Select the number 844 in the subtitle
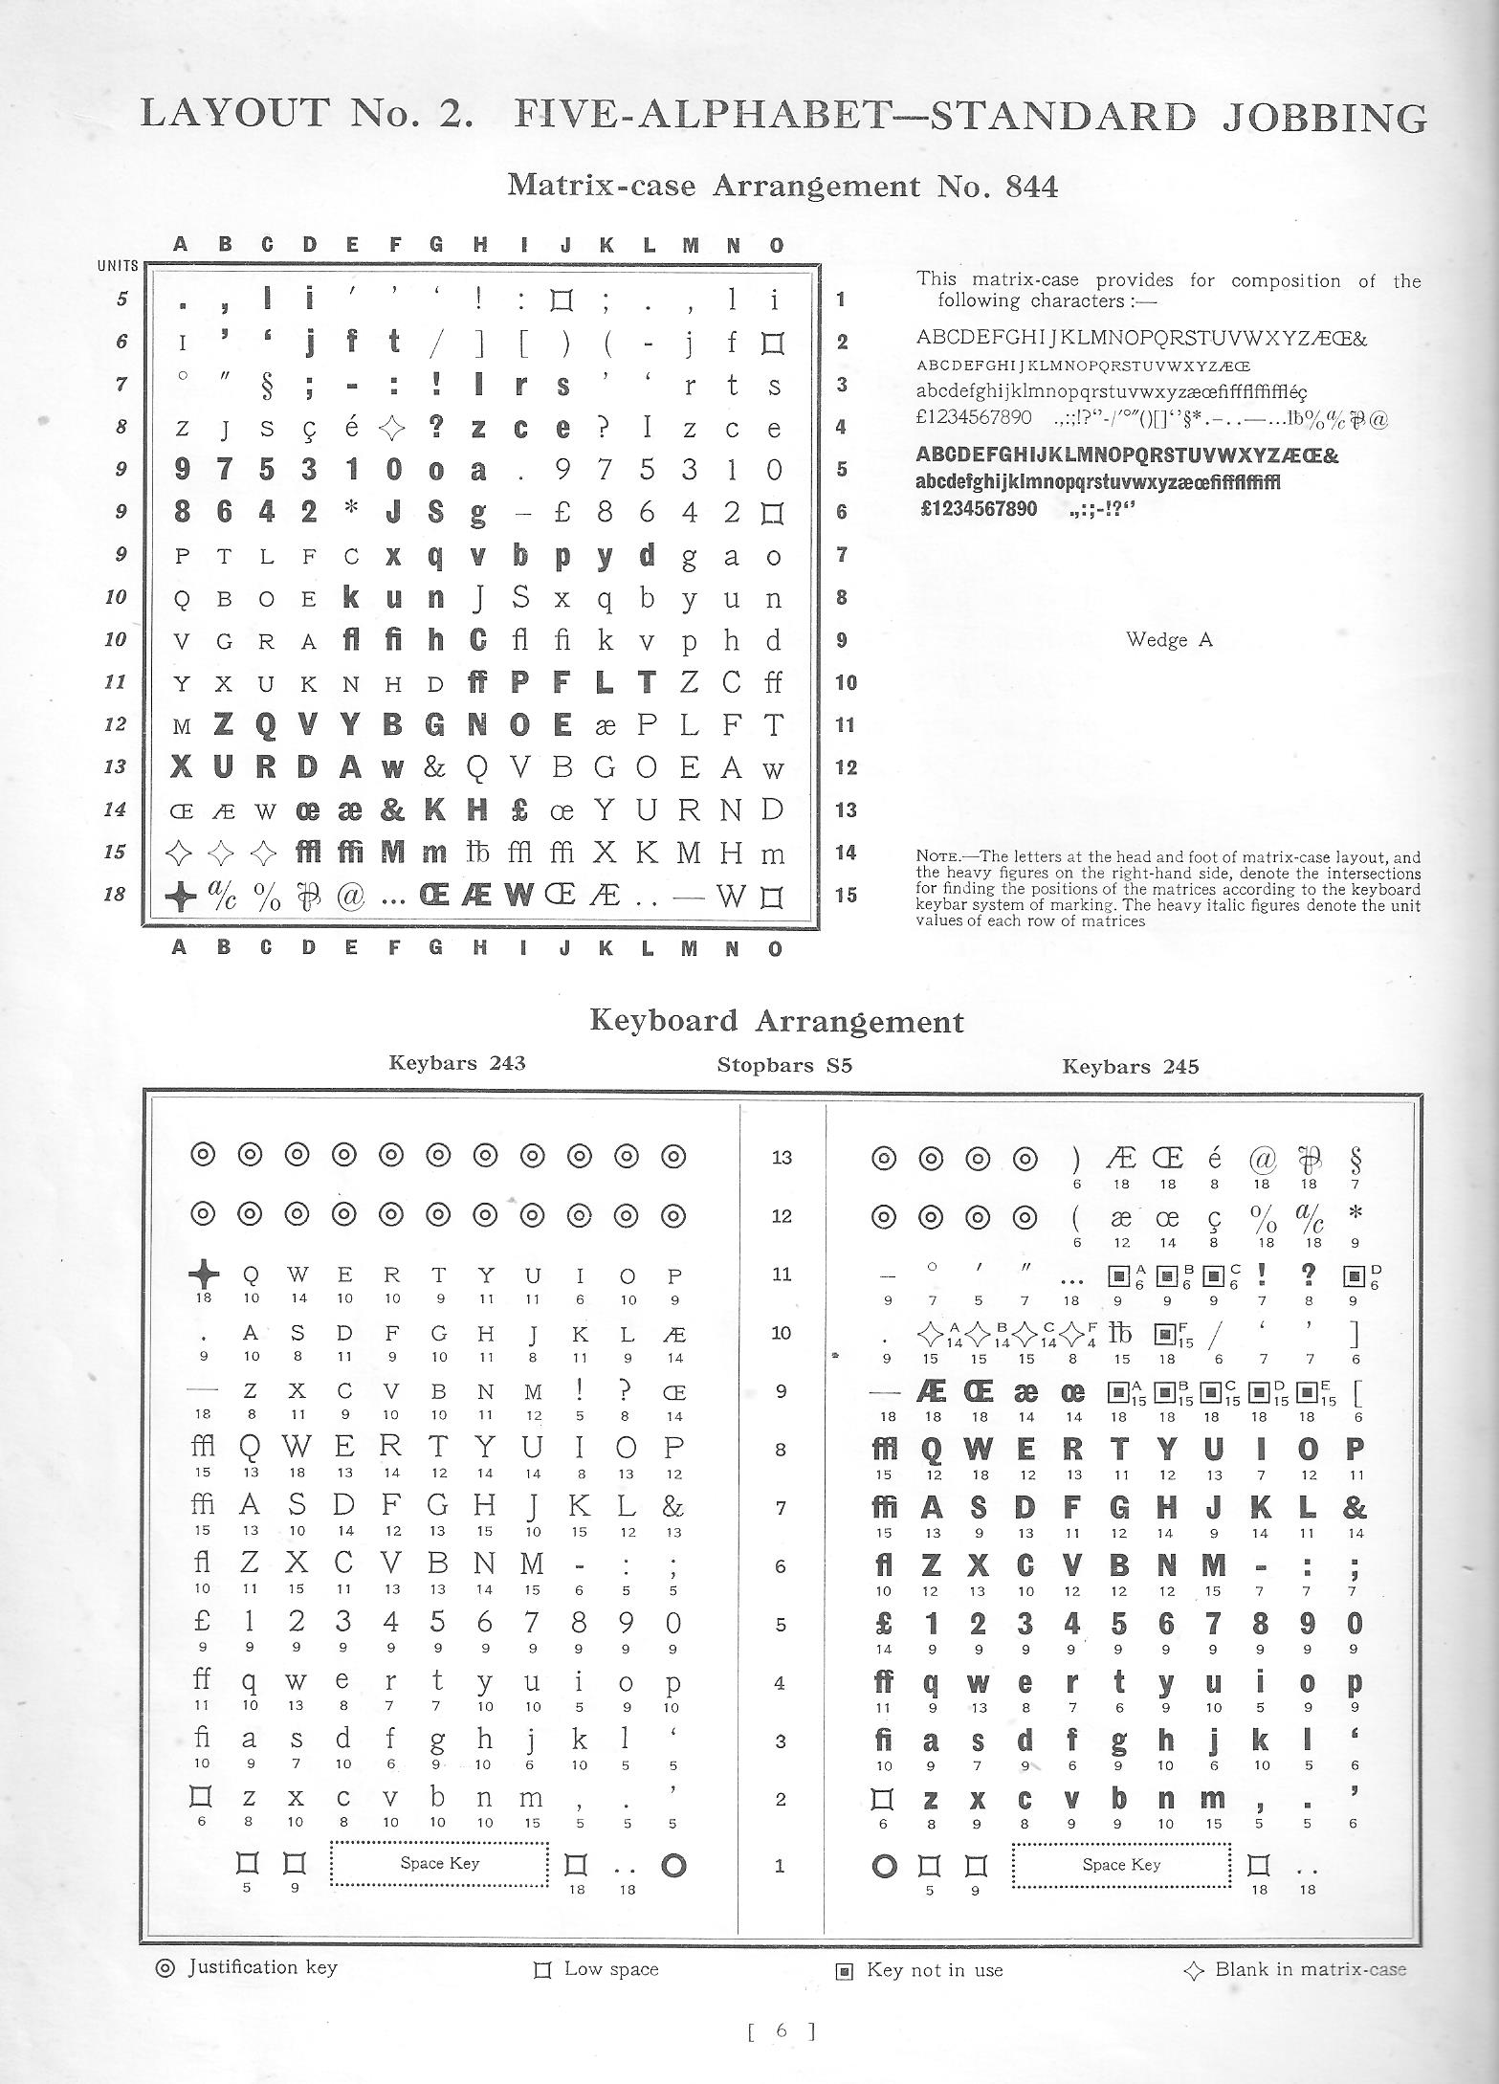pos(1032,186)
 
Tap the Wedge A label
pos(1169,640)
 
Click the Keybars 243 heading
pos(457,1062)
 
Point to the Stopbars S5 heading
pos(783,1065)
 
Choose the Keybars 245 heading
pos(1130,1066)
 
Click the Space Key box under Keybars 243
pos(439,1863)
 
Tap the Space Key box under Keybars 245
pos(1121,1864)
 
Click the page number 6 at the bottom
pos(781,2050)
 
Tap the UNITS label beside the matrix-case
pos(118,266)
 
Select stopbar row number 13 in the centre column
pos(782,1158)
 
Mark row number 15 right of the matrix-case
pos(847,896)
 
